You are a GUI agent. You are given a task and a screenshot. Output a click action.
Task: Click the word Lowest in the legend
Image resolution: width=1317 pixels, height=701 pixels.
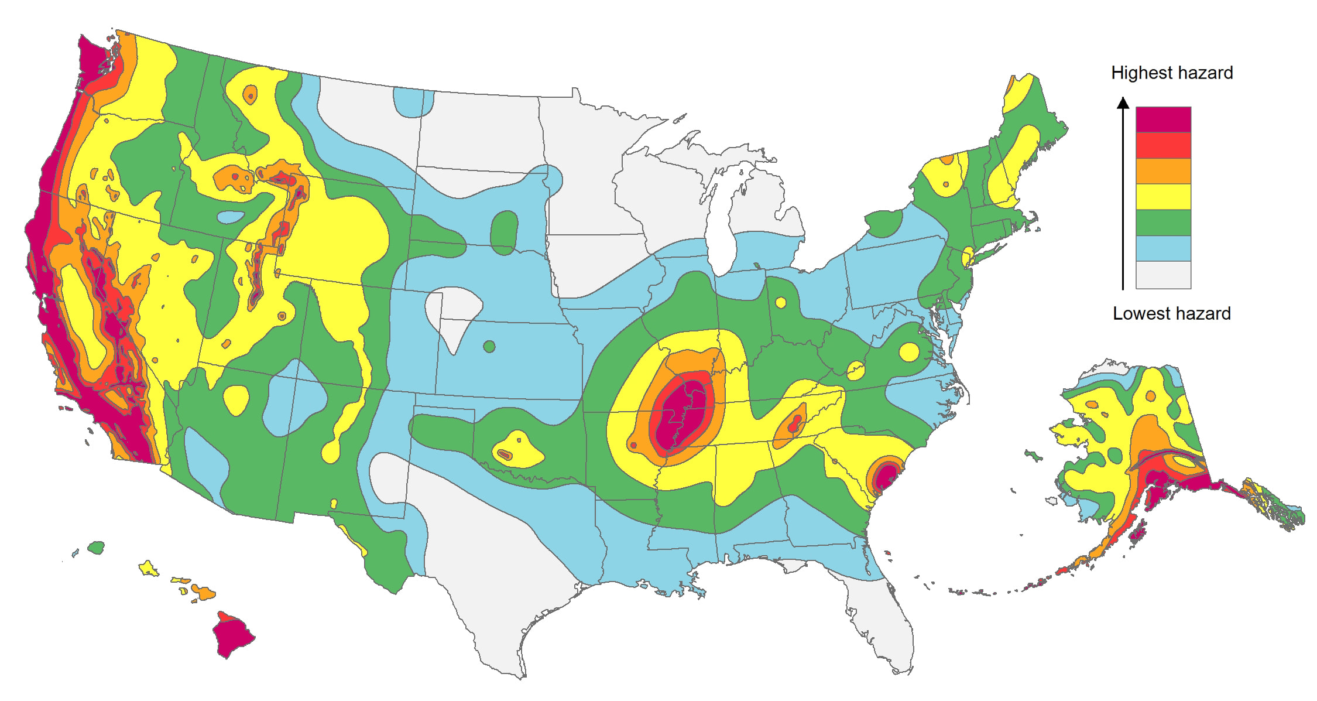[x=1136, y=313]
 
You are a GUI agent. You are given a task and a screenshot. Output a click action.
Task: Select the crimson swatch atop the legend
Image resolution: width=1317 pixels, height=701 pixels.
[x=1163, y=119]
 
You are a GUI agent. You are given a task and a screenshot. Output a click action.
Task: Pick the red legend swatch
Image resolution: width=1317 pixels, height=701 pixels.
[x=1163, y=145]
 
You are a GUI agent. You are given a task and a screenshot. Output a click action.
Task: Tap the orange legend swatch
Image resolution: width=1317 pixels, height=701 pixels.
[x=1163, y=171]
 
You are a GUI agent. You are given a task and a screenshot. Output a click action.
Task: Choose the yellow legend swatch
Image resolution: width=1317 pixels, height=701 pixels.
[x=1163, y=197]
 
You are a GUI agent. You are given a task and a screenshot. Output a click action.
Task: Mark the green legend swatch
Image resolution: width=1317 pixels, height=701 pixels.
[x=1163, y=223]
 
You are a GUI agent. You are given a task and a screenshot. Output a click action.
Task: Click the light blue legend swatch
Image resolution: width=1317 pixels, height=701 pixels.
[x=1163, y=248]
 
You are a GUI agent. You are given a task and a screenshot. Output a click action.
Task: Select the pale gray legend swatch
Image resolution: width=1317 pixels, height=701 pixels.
[x=1163, y=275]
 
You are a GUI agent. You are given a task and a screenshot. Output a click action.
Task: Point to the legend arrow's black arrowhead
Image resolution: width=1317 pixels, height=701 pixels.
[x=1123, y=104]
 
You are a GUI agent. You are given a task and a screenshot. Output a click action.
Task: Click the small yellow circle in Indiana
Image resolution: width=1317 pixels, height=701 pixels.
[x=780, y=302]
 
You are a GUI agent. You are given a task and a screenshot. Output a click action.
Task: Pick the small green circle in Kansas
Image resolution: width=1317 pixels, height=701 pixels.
[x=489, y=347]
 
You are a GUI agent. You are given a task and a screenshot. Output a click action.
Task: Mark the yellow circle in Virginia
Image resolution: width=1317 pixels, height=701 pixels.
[x=909, y=352]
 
